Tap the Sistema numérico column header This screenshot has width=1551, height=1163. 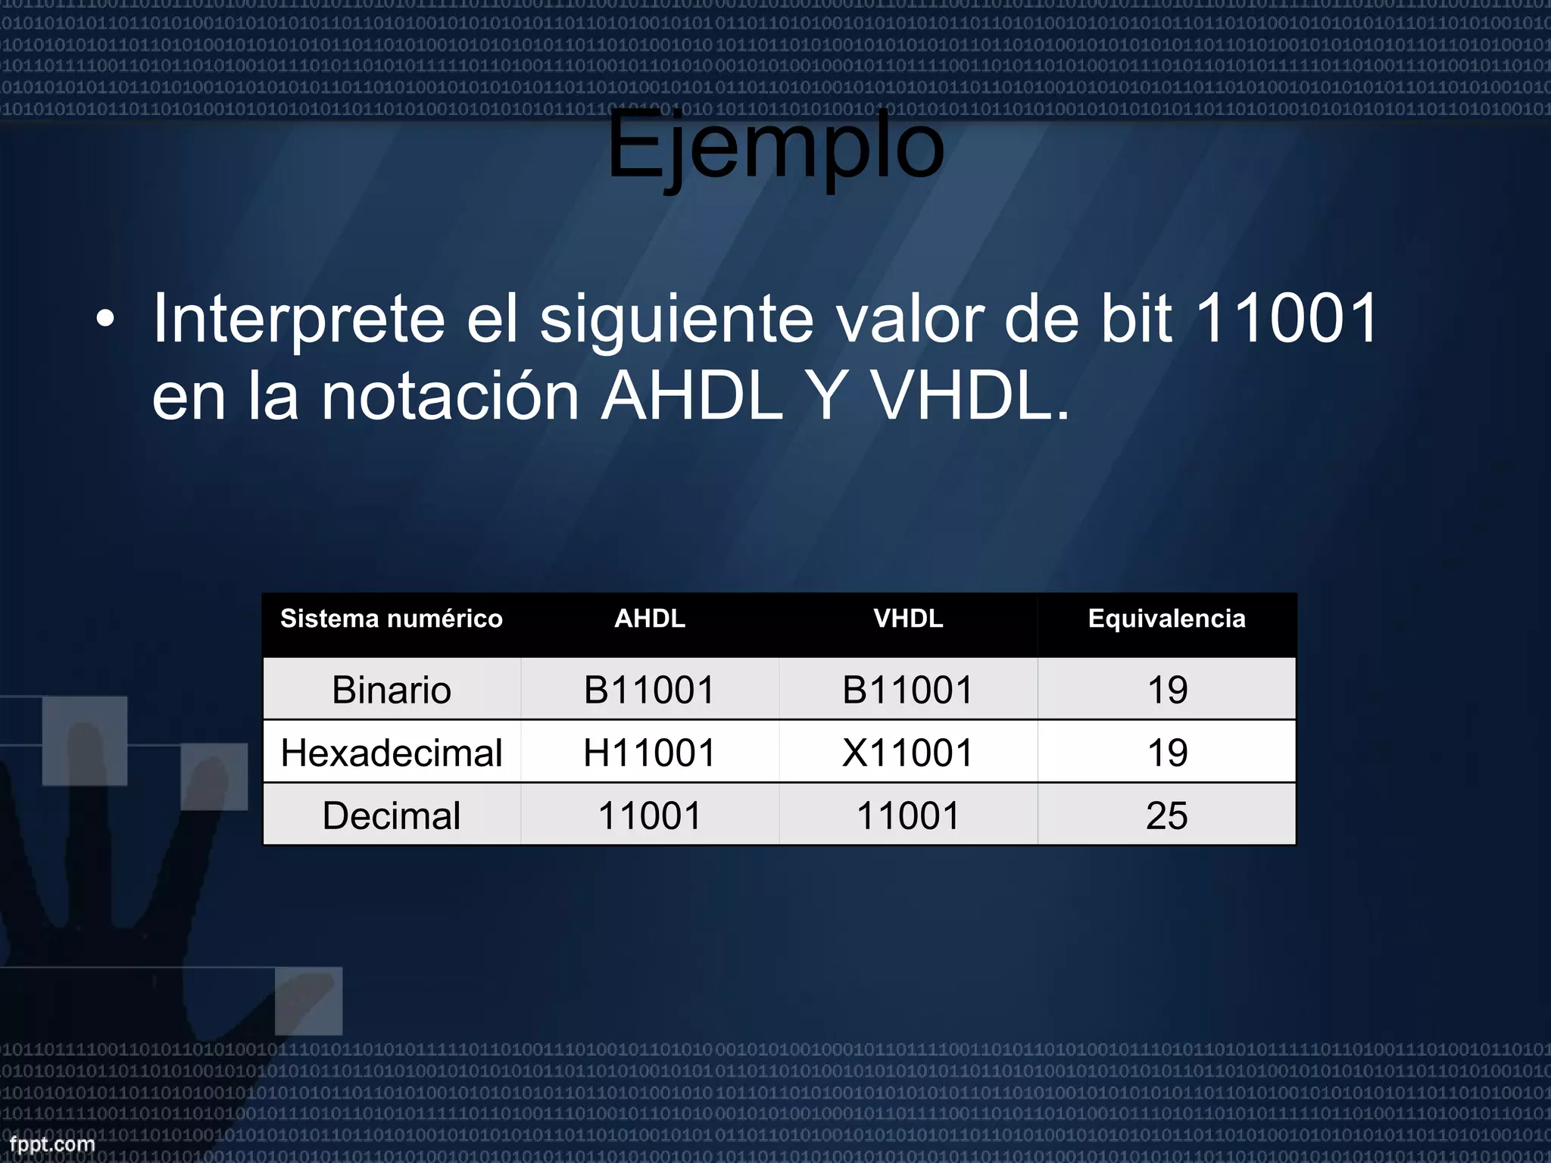click(x=392, y=619)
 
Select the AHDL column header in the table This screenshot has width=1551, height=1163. click(x=650, y=619)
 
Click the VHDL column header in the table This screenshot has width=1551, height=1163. click(x=908, y=619)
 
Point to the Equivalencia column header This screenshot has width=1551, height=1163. click(x=1166, y=619)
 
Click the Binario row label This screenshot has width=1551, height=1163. click(x=392, y=690)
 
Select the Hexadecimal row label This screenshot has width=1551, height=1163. click(x=392, y=753)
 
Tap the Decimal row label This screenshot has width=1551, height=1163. click(x=392, y=815)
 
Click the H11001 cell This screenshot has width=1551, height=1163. click(x=650, y=753)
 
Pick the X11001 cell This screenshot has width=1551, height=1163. click(x=908, y=753)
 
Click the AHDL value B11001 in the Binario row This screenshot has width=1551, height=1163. click(x=650, y=690)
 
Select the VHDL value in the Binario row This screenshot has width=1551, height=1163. click(x=908, y=690)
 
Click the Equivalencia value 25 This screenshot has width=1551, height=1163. click(x=1166, y=815)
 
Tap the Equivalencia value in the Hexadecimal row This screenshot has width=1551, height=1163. click(x=1166, y=753)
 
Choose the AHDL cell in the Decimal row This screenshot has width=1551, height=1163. click(x=650, y=815)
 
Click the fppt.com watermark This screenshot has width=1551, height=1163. click(x=52, y=1144)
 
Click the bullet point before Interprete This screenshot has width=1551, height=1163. click(x=106, y=320)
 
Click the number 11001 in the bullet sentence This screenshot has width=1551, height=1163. click(x=1284, y=319)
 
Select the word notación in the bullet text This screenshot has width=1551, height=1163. click(x=451, y=396)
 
